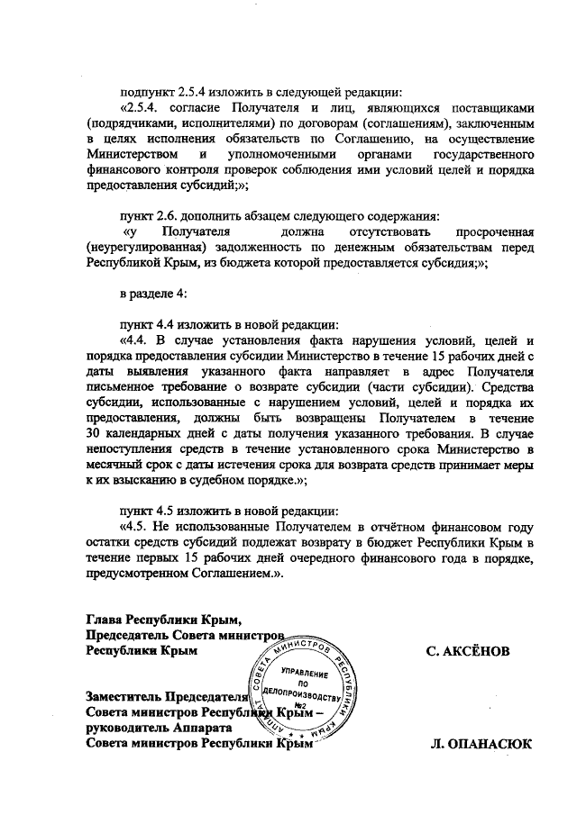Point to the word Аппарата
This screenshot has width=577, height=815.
pos(206,728)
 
